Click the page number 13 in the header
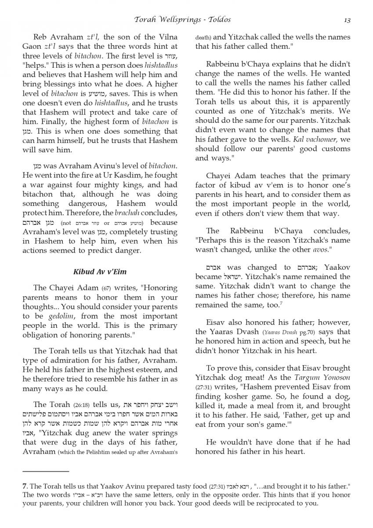point(347,19)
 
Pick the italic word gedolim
point(48,316)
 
